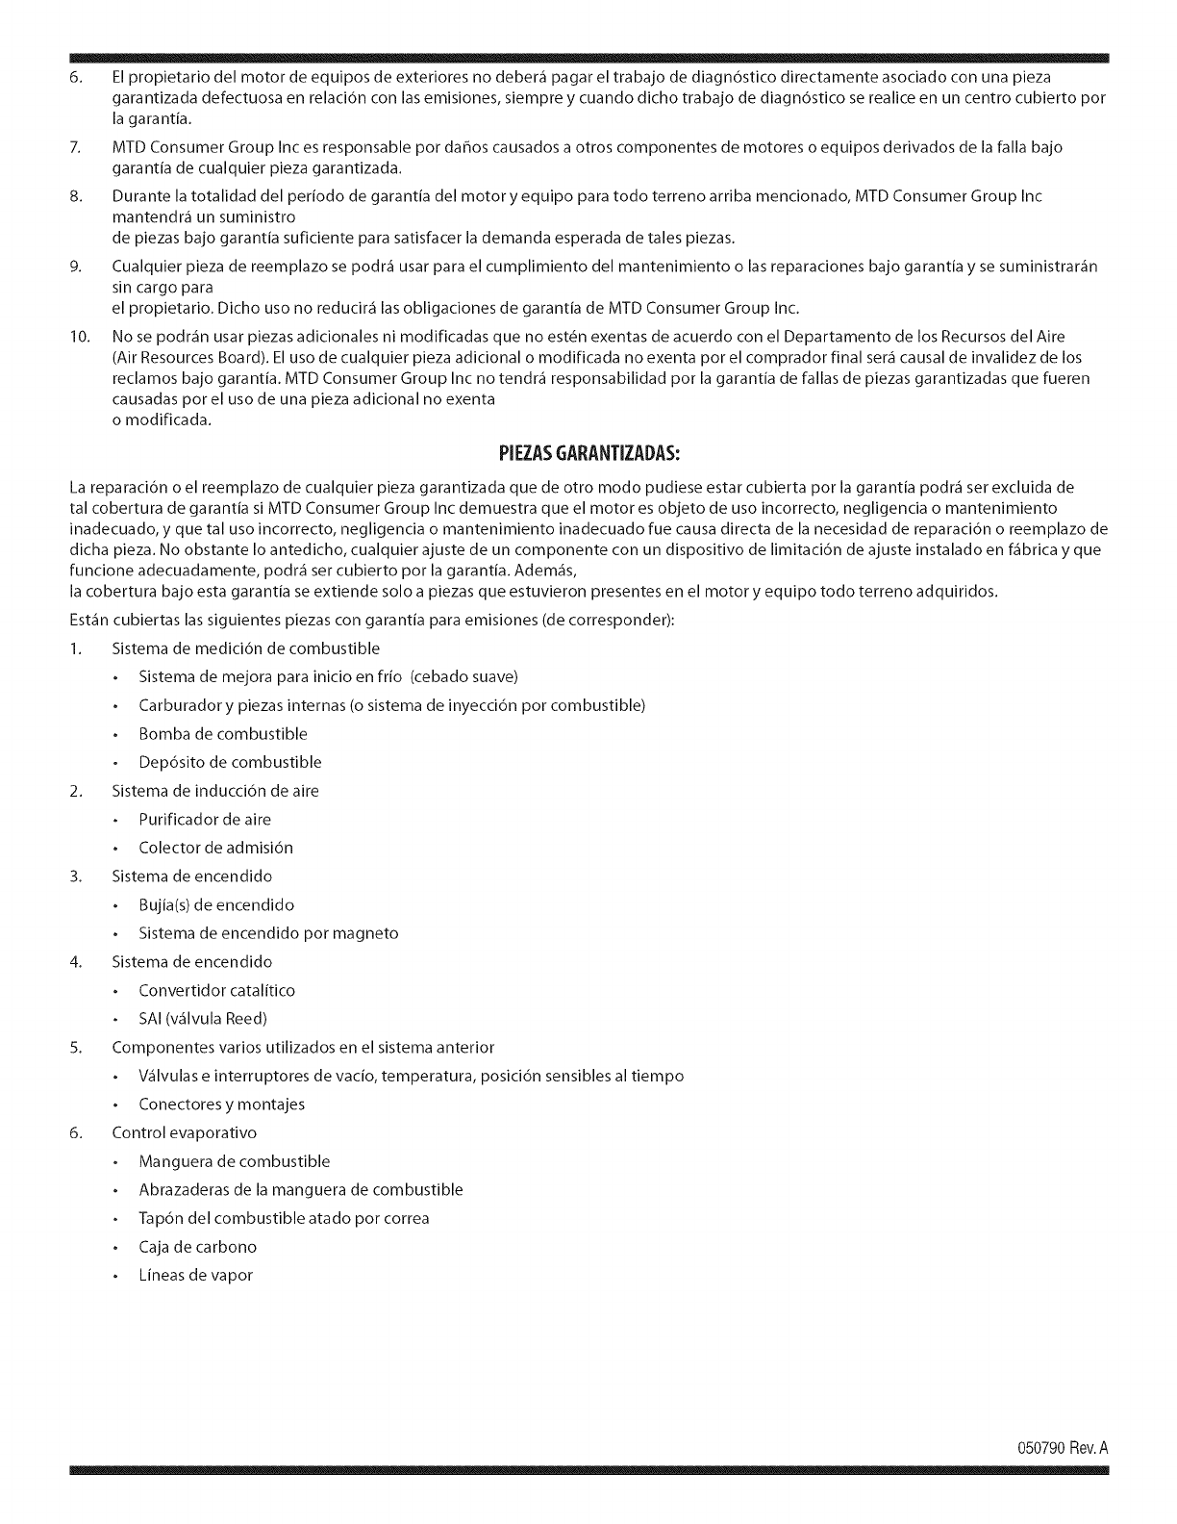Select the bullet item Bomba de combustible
point(223,734)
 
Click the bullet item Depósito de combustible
point(230,762)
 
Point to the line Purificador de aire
point(205,820)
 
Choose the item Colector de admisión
point(215,848)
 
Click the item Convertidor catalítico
point(216,990)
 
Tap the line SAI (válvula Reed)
point(203,1019)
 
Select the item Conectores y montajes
point(221,1105)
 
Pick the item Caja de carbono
point(197,1247)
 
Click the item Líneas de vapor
point(195,1276)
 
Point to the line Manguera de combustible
point(234,1161)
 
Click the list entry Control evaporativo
point(185,1132)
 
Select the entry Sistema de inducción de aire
point(215,791)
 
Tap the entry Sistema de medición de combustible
point(245,648)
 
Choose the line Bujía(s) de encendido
point(216,905)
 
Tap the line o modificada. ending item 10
point(161,420)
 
